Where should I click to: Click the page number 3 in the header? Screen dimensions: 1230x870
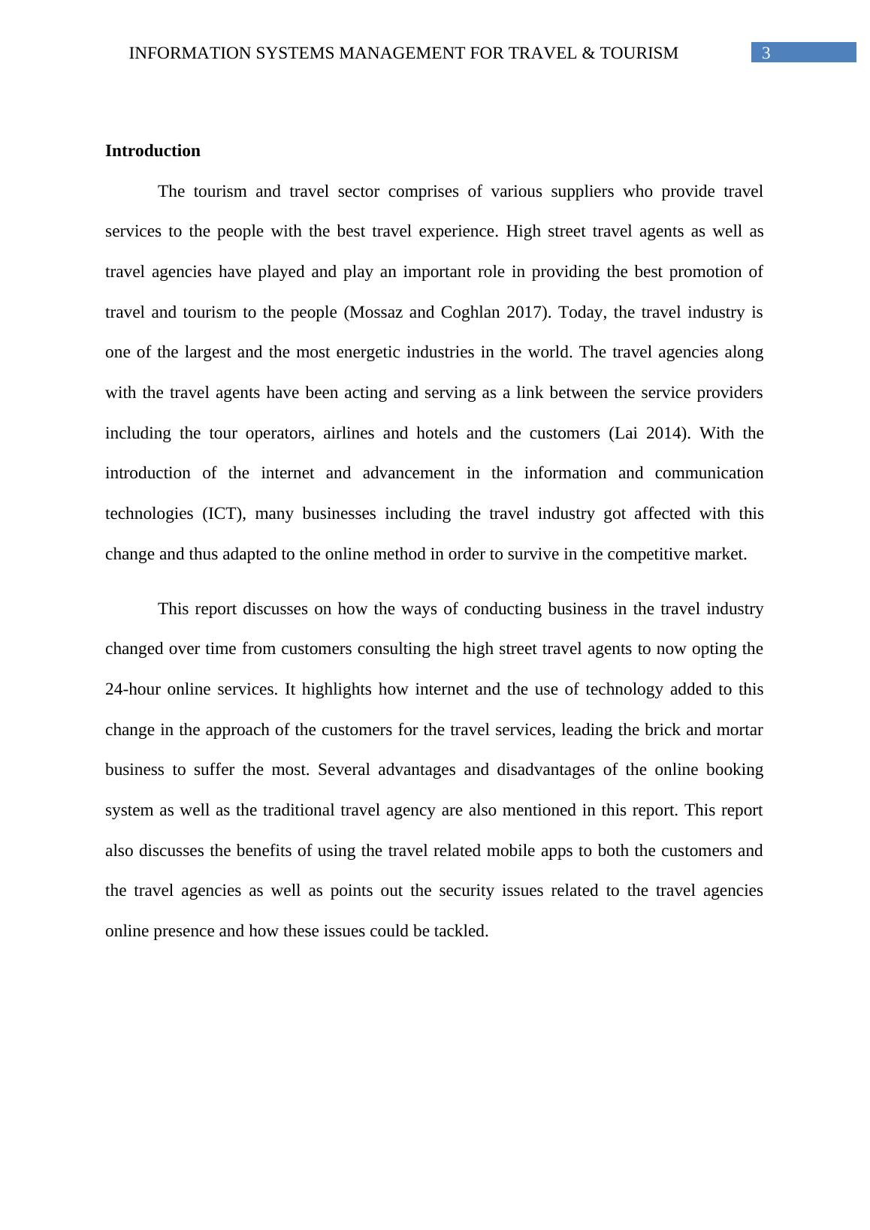(x=766, y=53)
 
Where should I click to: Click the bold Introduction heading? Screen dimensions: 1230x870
(x=153, y=151)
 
